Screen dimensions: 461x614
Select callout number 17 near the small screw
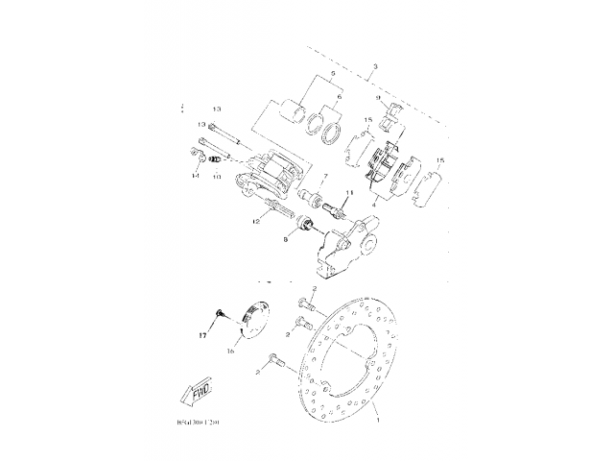click(x=203, y=336)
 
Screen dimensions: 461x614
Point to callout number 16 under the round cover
click(x=230, y=352)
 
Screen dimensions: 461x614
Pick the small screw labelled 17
click(x=220, y=313)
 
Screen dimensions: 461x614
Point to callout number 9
click(x=379, y=98)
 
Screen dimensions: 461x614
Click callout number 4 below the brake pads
click(x=374, y=203)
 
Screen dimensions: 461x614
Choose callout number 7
click(x=324, y=178)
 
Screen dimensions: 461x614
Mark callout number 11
click(x=349, y=194)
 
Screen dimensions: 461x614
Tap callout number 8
click(x=284, y=241)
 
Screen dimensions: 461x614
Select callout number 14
click(x=195, y=177)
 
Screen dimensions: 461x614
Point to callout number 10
click(x=217, y=178)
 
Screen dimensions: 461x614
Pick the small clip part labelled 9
click(x=390, y=117)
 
